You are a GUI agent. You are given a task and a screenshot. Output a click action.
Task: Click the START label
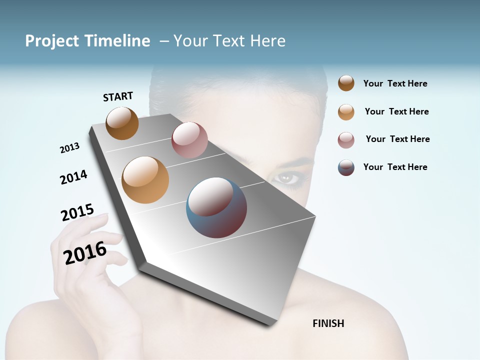118,96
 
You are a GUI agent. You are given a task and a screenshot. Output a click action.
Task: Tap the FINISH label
328,323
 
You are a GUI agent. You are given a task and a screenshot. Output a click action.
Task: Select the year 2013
69,148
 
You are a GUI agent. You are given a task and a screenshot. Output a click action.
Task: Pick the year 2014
73,177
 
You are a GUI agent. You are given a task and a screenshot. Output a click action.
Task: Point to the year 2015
77,212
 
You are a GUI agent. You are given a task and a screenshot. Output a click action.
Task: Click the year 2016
85,252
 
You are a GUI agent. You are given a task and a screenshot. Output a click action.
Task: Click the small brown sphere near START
122,123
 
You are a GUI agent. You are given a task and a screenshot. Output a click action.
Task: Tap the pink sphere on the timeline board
189,140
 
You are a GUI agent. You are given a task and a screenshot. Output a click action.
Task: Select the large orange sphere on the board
145,180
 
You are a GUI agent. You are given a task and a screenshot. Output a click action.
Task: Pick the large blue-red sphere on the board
216,207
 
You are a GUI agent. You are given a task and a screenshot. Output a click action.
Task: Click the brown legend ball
346,83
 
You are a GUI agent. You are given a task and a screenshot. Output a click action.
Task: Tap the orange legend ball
346,112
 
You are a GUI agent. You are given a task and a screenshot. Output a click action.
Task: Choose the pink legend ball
346,140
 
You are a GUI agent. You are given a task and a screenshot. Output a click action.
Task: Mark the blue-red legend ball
346,167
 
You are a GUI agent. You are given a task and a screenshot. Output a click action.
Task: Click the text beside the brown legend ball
395,83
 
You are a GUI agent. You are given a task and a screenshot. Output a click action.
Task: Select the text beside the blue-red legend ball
395,167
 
